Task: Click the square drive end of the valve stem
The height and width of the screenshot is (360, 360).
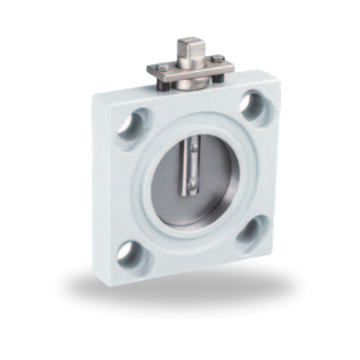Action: coord(190,48)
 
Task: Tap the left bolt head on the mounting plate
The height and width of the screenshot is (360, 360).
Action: coord(162,67)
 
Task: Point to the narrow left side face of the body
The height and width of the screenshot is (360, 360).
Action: coord(100,187)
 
